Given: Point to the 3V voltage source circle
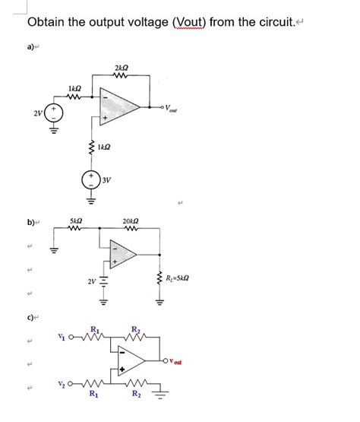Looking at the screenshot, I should click(x=91, y=181).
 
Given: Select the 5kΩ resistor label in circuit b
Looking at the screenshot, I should click(x=77, y=221).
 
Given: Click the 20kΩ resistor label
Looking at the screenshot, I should click(x=130, y=221).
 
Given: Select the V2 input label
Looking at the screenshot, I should click(x=62, y=384).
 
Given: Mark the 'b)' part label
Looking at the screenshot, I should click(x=31, y=222).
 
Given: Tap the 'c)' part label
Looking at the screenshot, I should click(x=31, y=316).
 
